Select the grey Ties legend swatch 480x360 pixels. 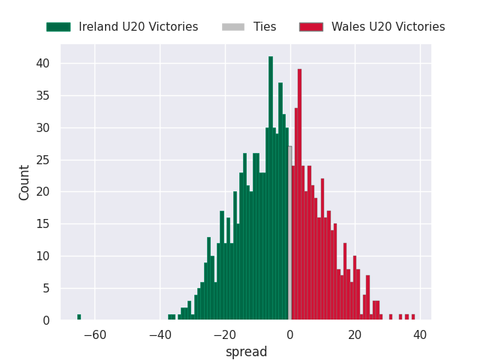point(232,27)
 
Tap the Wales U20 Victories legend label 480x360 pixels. point(388,27)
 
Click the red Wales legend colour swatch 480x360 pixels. point(310,27)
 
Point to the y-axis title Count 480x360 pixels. point(25,182)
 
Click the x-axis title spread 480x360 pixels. point(246,352)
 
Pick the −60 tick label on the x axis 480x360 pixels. point(94,334)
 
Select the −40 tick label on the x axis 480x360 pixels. point(160,334)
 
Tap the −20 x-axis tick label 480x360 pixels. point(224,334)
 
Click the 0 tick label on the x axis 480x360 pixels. point(289,334)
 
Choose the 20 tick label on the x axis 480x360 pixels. point(355,334)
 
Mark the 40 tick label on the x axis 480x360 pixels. point(419,334)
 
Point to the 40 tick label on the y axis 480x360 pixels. point(45,64)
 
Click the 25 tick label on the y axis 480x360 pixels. point(45,160)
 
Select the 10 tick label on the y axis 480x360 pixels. point(45,256)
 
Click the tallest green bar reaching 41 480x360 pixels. point(271,187)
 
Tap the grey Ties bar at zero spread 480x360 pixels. point(289,233)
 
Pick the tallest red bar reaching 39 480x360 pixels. point(299,195)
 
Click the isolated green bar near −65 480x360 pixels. point(79,317)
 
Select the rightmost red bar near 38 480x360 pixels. point(412,317)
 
